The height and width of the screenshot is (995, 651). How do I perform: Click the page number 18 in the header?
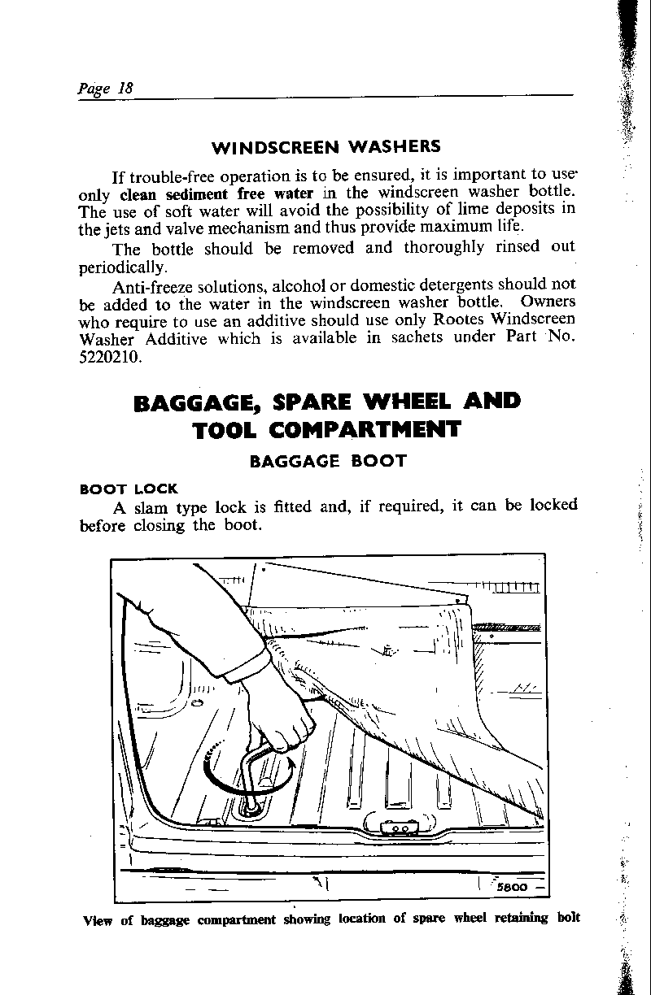125,87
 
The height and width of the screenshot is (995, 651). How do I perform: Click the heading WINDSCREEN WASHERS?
325,147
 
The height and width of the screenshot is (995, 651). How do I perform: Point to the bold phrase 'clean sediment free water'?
216,193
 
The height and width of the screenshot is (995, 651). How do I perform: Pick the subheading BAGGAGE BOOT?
327,461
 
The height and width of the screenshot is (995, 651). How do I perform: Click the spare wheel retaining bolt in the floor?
250,806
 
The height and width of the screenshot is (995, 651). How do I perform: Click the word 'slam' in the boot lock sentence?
149,506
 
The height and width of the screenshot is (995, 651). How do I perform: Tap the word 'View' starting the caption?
99,920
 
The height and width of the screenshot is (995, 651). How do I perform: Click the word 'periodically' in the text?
123,267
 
